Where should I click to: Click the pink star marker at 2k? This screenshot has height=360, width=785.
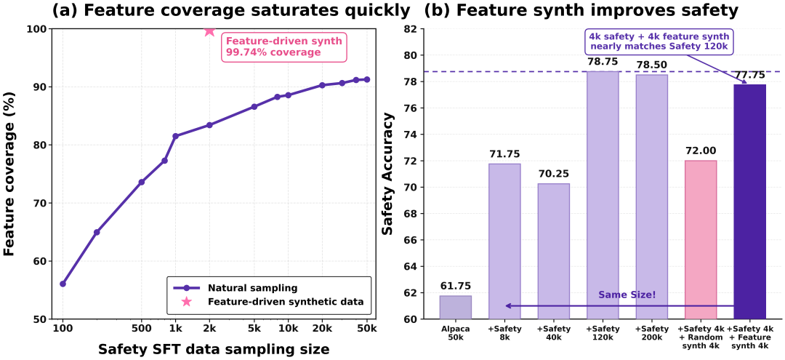click(209, 31)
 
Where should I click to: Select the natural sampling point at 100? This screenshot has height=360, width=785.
click(63, 284)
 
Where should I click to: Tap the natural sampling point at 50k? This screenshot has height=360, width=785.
click(366, 79)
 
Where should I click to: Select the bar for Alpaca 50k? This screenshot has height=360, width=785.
click(455, 308)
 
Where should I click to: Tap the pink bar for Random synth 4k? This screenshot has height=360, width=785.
click(700, 240)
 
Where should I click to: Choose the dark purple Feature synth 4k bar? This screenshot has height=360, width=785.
click(749, 202)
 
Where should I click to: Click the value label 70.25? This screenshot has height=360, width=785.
click(553, 175)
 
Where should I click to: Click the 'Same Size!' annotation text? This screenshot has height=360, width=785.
click(627, 295)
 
